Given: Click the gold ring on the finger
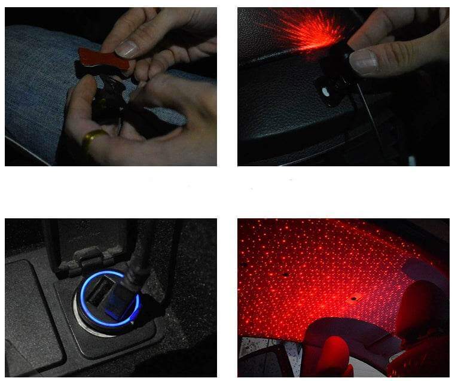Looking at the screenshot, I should point(94,140).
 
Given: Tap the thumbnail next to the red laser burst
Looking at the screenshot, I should point(363,61).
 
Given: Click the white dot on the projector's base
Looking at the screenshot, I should point(325,92).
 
